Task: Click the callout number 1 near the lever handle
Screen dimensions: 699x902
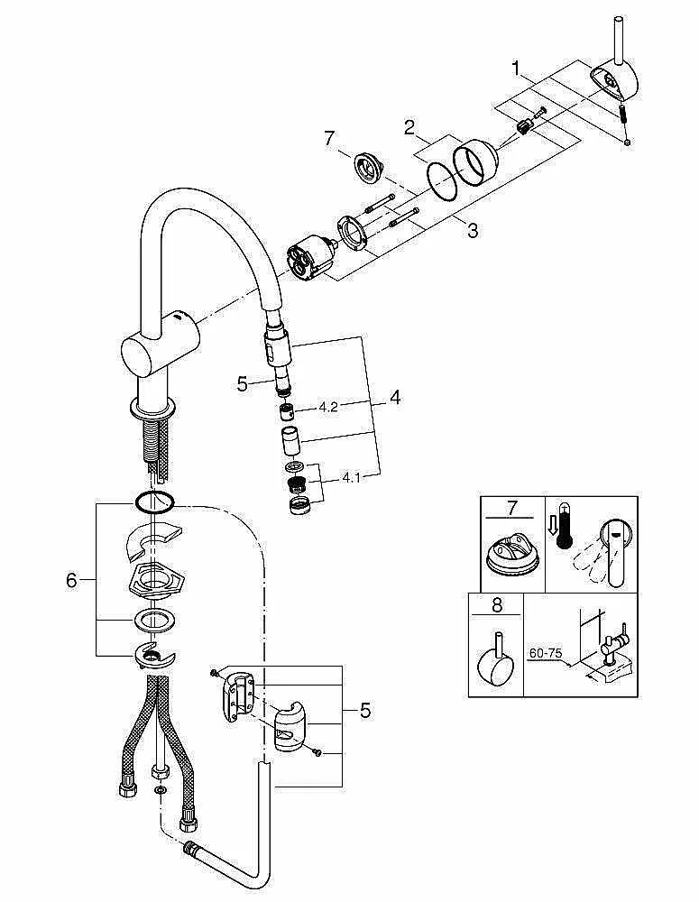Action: click(x=517, y=69)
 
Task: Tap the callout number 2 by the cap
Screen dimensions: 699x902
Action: click(x=409, y=127)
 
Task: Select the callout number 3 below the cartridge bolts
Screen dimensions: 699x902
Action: click(x=473, y=231)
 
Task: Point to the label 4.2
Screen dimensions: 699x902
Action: click(x=328, y=408)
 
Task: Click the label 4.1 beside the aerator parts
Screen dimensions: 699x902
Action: click(x=351, y=477)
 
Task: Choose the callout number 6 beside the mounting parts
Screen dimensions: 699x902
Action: click(x=71, y=580)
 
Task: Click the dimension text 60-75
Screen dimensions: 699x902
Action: click(x=545, y=653)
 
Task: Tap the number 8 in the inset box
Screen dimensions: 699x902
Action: click(x=497, y=604)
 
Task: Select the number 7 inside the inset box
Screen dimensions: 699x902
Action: click(x=512, y=508)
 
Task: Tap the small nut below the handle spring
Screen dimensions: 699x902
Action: click(x=627, y=142)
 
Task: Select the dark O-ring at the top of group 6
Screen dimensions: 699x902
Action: click(x=154, y=502)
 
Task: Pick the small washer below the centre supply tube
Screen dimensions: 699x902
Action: click(x=160, y=791)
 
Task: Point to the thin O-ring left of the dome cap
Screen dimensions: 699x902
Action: click(x=442, y=181)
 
